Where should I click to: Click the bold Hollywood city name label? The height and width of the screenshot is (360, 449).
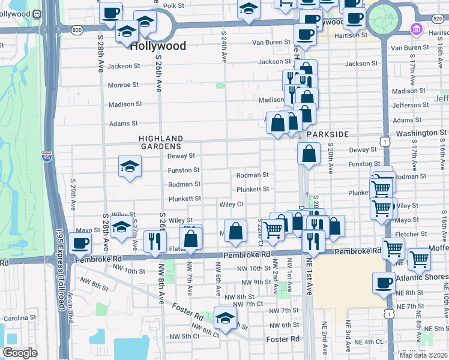tap(158, 46)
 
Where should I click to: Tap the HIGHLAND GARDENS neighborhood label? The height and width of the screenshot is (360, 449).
tap(160, 142)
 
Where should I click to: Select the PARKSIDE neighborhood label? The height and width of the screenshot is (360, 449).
tap(328, 135)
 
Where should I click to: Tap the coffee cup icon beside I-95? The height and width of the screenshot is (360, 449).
tap(80, 243)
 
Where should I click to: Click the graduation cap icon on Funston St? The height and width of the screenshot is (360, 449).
tap(130, 166)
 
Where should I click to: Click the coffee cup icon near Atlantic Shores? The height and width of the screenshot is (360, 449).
tap(383, 283)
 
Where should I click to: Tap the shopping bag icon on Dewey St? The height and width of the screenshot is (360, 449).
tap(309, 153)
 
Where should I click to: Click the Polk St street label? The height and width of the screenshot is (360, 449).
tap(173, 5)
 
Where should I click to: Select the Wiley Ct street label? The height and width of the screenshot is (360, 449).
tap(231, 204)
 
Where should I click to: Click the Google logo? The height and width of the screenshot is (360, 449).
tap(20, 353)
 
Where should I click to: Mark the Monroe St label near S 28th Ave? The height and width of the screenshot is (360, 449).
tap(123, 85)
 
